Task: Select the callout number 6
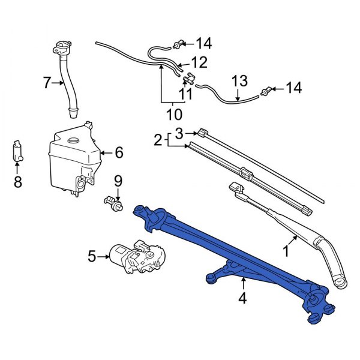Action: (x=118, y=153)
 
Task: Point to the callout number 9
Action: (x=118, y=181)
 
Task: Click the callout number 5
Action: (x=92, y=257)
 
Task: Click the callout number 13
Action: (x=239, y=79)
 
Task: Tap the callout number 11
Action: (x=186, y=94)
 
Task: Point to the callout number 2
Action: (x=157, y=140)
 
